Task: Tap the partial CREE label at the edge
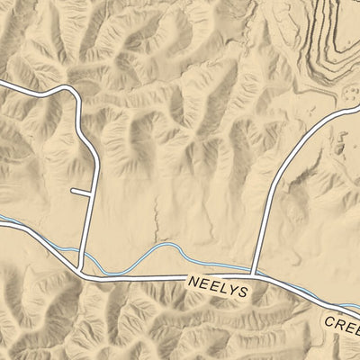pos(342,323)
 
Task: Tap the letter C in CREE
pos(329,320)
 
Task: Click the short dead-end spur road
pos(81,192)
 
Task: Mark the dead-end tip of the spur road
pos(72,192)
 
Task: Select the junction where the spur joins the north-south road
pos(91,192)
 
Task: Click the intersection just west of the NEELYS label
pos(83,274)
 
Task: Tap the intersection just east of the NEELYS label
pos(255,276)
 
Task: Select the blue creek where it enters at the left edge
pos(3,219)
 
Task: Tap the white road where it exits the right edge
pos(356,106)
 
